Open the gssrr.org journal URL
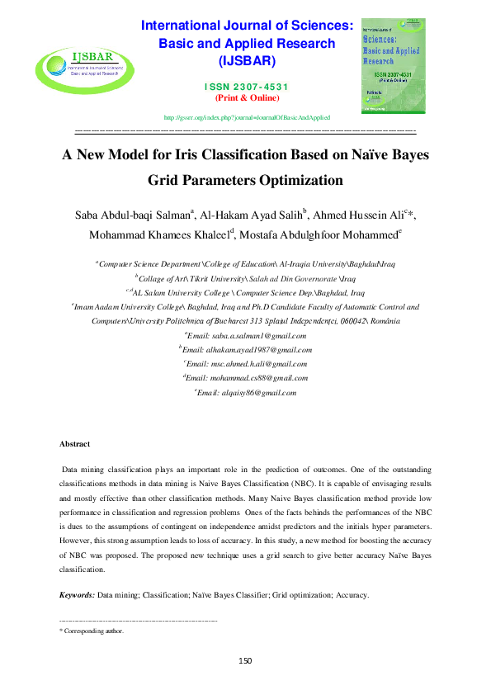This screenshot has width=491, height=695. point(248,118)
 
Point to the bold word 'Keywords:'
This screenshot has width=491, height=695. point(78,594)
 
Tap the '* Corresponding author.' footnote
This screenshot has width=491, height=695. point(92,631)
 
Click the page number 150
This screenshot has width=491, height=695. point(245,660)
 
